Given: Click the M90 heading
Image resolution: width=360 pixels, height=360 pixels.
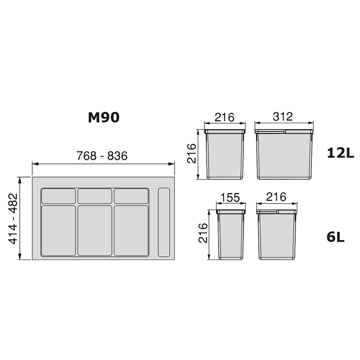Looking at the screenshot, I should pos(103,118).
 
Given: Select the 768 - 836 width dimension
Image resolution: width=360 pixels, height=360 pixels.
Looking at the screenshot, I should pos(102,156).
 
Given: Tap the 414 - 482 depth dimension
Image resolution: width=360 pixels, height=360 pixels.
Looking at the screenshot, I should pos(12,218).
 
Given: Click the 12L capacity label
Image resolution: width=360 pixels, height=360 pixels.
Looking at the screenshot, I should pos(340,154).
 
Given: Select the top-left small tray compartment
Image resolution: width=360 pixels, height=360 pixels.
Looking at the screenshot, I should pos(58,196).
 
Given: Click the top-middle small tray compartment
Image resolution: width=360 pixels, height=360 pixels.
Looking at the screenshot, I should pos(95,196).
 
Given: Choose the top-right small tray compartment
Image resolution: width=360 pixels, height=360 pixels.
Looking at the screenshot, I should pos(131,196).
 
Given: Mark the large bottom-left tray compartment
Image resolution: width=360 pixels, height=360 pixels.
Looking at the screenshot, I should pos(58,230).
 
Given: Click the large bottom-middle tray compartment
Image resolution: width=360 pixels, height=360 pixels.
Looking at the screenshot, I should pos(95,230).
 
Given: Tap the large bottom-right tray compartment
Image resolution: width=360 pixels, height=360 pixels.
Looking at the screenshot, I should pos(131,230).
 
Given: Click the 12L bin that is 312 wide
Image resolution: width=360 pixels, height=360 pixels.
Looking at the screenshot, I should pos(284,155).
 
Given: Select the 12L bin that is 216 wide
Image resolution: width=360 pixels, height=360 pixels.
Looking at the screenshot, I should pos(225,155).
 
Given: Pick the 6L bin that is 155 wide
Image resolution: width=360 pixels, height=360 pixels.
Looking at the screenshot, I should pos(231,235).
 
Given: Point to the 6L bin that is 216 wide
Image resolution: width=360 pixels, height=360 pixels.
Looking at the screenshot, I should pos(277,235).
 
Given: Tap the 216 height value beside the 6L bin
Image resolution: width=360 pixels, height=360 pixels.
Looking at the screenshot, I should pos(203,233).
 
